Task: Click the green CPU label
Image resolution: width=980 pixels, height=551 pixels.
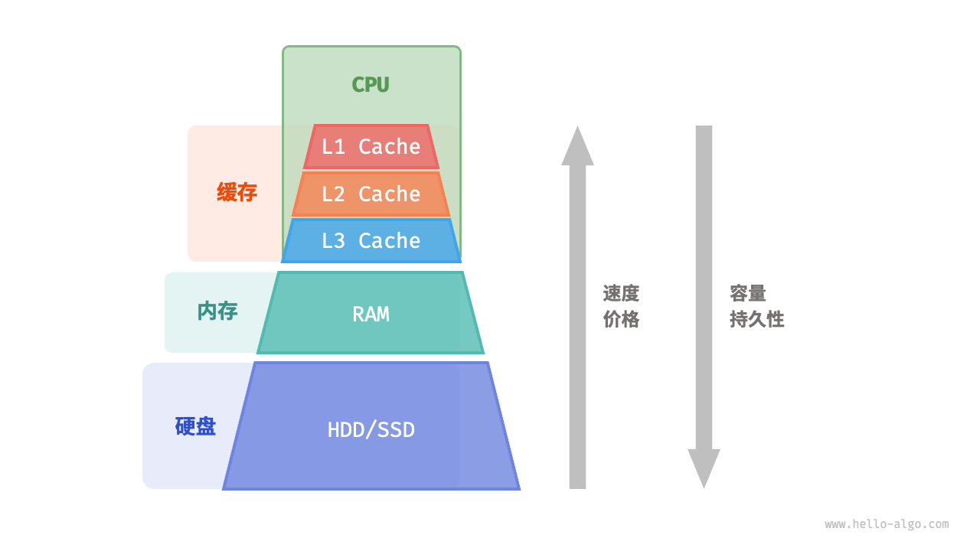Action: (x=371, y=84)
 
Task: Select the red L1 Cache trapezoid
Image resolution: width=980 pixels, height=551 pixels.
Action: (x=371, y=147)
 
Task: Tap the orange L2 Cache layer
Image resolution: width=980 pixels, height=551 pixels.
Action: (x=371, y=194)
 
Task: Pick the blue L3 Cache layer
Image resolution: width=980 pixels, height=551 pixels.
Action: (x=371, y=241)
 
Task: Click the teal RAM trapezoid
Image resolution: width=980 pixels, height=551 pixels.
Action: (x=371, y=314)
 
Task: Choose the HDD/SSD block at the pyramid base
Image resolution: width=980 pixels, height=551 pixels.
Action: (x=371, y=429)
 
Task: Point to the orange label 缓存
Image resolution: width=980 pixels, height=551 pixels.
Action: (x=237, y=192)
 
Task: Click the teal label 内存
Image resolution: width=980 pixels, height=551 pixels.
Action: (x=217, y=311)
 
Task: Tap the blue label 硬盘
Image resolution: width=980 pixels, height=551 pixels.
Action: (x=195, y=426)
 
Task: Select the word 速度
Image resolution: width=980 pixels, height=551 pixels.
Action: (x=621, y=294)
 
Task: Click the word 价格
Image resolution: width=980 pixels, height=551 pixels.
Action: (x=621, y=320)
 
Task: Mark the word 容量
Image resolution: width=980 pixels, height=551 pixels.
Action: (x=748, y=294)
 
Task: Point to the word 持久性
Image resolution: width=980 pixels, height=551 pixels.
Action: (x=756, y=320)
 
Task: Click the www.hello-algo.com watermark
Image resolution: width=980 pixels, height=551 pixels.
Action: (x=887, y=524)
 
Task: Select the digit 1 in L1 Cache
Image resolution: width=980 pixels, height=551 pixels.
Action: (x=339, y=147)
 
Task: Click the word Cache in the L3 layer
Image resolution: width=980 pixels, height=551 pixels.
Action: (x=389, y=241)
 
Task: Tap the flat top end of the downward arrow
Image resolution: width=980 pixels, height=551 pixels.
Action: (x=704, y=128)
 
